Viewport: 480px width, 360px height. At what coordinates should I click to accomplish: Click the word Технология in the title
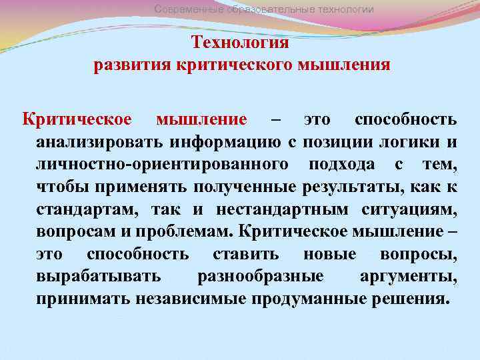click(240, 43)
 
